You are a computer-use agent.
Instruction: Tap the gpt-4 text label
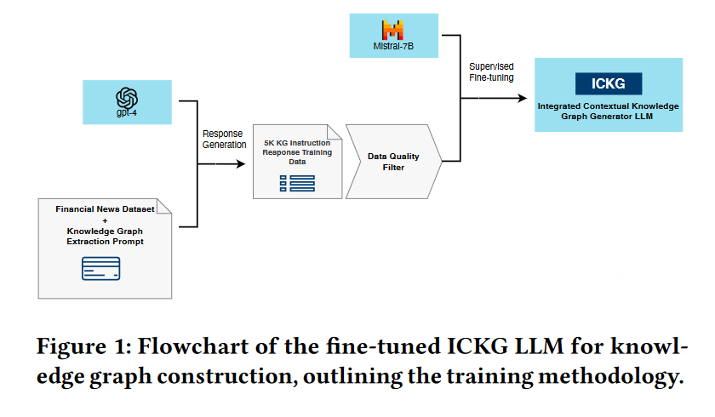pos(128,111)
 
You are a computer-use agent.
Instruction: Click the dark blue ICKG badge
pos(609,83)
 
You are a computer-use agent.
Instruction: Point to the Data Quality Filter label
pos(392,162)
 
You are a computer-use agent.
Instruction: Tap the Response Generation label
pos(224,139)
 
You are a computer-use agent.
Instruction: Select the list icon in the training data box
pos(297,182)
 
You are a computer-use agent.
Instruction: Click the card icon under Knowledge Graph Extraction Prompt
pos(101,269)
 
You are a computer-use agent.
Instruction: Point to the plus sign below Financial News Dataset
pos(106,220)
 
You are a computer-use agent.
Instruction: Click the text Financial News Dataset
pos(106,208)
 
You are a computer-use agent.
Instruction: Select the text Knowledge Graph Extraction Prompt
pos(106,237)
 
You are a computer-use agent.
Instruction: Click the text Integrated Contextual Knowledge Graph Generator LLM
pos(609,111)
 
